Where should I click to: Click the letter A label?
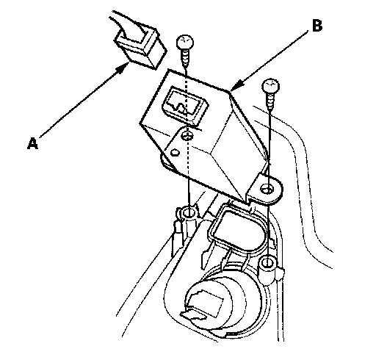32,143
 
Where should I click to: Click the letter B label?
317,26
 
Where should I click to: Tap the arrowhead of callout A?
124,68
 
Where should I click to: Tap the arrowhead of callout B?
237,85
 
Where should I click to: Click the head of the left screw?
185,42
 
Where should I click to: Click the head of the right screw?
270,86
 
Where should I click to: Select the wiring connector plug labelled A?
140,48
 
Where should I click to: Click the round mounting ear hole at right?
266,189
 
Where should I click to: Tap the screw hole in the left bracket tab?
187,135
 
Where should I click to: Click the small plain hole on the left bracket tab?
175,153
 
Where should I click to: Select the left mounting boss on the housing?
189,215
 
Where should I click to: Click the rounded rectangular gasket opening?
236,231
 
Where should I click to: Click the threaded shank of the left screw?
185,58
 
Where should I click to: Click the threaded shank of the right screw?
270,101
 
